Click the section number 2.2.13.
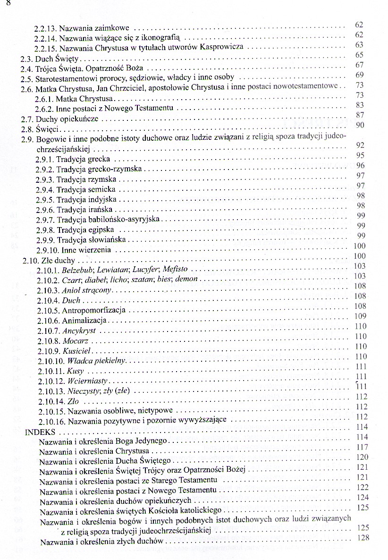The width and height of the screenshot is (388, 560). [46, 27]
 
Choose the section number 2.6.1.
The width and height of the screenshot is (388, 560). [45, 99]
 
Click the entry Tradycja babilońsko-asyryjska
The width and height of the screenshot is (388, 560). [109, 220]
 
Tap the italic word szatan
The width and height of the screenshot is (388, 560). [138, 280]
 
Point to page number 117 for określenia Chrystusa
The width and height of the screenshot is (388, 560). [363, 447]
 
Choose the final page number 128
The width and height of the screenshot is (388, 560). [363, 538]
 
